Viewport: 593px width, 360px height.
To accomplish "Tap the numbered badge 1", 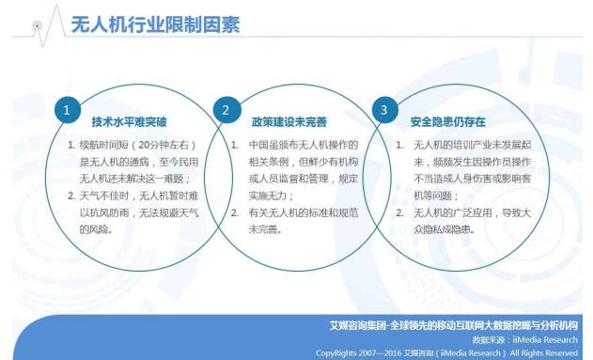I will click(67, 110).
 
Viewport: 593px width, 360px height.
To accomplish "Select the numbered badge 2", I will click(226, 110).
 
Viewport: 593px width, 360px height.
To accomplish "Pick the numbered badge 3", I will click(383, 110).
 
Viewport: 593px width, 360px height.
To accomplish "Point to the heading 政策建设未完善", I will click(289, 122).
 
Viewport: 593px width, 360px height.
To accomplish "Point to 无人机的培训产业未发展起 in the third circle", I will click(470, 146).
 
